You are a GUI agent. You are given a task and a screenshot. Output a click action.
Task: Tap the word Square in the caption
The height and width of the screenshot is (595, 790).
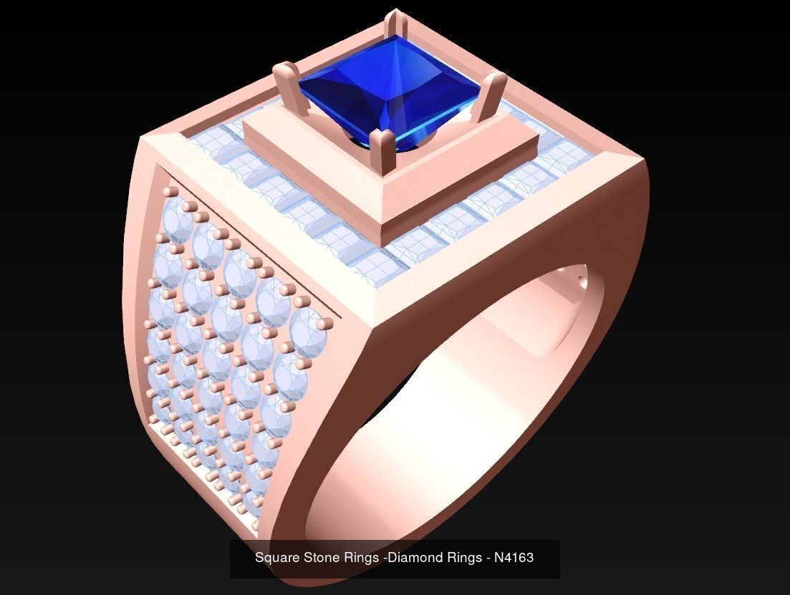pyautogui.click(x=275, y=558)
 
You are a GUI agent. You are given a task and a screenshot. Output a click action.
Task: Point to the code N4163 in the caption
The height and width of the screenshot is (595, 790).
pyautogui.click(x=514, y=558)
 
